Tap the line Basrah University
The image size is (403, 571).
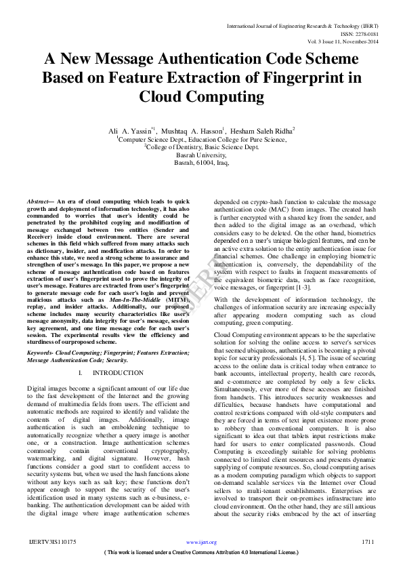tap(201, 155)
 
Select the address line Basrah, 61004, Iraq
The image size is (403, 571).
tap(201, 163)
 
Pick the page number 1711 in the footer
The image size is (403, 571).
tap(368, 542)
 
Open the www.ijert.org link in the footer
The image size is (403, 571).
tap(201, 543)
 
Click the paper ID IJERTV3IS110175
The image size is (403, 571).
tap(52, 542)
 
